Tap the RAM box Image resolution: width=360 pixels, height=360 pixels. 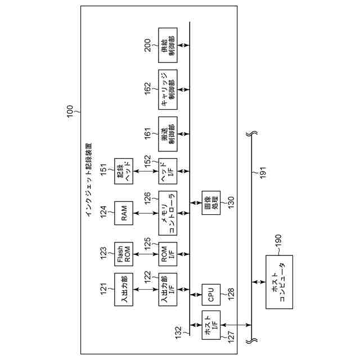pyautogui.click(x=123, y=213)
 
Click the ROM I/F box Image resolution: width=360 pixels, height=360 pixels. pyautogui.click(x=168, y=254)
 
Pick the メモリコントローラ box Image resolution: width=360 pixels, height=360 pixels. pyautogui.click(x=168, y=213)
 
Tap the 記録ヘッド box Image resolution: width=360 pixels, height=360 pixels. pyautogui.click(x=123, y=172)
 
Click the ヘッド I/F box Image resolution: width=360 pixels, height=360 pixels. pyautogui.click(x=168, y=172)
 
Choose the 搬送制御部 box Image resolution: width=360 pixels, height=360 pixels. pyautogui.click(x=168, y=133)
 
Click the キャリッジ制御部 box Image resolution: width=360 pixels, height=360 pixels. pyautogui.click(x=168, y=89)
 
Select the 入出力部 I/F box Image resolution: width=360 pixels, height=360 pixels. pyautogui.click(x=168, y=289)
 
